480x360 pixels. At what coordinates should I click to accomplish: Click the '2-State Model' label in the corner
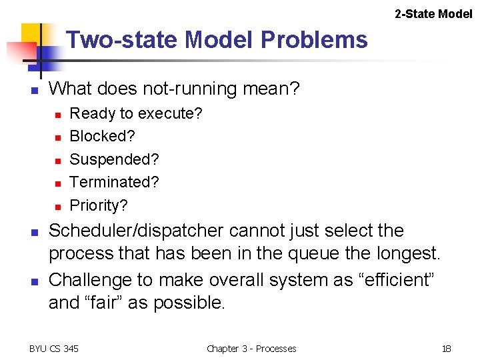pyautogui.click(x=433, y=13)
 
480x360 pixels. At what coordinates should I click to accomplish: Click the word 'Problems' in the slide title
pyautogui.click(x=314, y=40)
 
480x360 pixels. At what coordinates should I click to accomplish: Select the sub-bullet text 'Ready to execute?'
pyautogui.click(x=136, y=113)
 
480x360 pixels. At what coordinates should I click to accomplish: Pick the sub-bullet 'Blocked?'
pyautogui.click(x=102, y=136)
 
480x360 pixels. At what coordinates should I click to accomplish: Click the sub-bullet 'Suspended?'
pyautogui.click(x=114, y=159)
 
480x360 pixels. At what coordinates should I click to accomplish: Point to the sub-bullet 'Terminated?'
pyautogui.click(x=114, y=182)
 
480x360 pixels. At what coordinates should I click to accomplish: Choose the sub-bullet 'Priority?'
pyautogui.click(x=99, y=205)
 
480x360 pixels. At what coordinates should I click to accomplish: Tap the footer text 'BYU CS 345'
pyautogui.click(x=53, y=348)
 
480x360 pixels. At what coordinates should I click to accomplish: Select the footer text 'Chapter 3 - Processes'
pyautogui.click(x=251, y=348)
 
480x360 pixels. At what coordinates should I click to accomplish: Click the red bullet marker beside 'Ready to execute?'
pyautogui.click(x=57, y=115)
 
